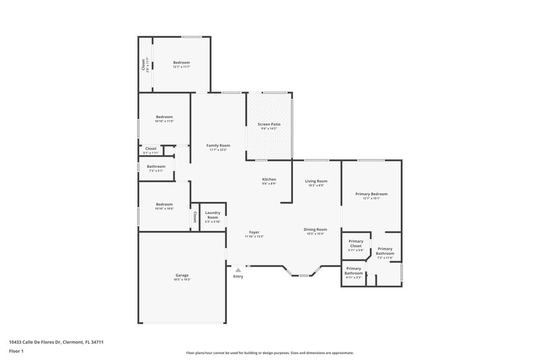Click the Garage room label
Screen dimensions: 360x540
[x=182, y=275]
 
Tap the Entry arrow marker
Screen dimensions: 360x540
[x=238, y=269]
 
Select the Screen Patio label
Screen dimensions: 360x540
[x=269, y=125]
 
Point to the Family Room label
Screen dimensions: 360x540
[x=218, y=145]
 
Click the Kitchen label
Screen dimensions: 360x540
[x=269, y=179]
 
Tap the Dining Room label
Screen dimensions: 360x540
[x=316, y=229]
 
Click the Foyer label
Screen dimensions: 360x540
[x=254, y=232]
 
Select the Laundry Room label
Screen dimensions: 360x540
[x=213, y=215]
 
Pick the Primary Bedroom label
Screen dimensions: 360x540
[x=371, y=194]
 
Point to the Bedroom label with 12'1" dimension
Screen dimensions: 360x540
[x=182, y=62]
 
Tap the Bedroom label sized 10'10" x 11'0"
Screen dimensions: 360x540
[x=165, y=117]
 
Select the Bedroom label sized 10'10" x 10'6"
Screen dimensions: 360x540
[x=165, y=204]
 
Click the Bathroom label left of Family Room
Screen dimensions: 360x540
[x=157, y=166]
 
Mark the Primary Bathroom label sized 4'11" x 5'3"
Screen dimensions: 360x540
[x=354, y=271]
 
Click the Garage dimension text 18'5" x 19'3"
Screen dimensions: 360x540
[x=182, y=280]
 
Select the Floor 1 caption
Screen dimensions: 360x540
[x=16, y=352]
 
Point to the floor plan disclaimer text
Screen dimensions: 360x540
[x=269, y=353]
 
